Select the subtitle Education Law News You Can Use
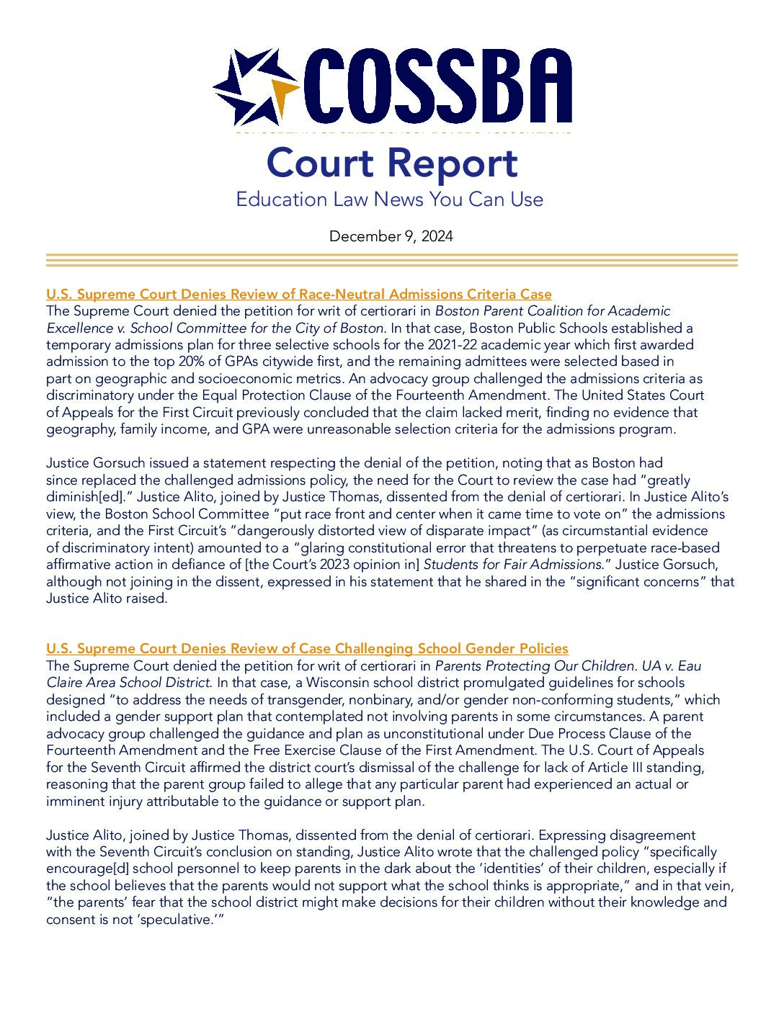(389, 199)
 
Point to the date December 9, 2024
(391, 236)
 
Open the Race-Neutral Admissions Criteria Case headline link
(298, 294)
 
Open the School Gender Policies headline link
(307, 648)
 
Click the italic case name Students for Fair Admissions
(512, 565)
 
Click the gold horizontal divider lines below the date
(392, 260)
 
